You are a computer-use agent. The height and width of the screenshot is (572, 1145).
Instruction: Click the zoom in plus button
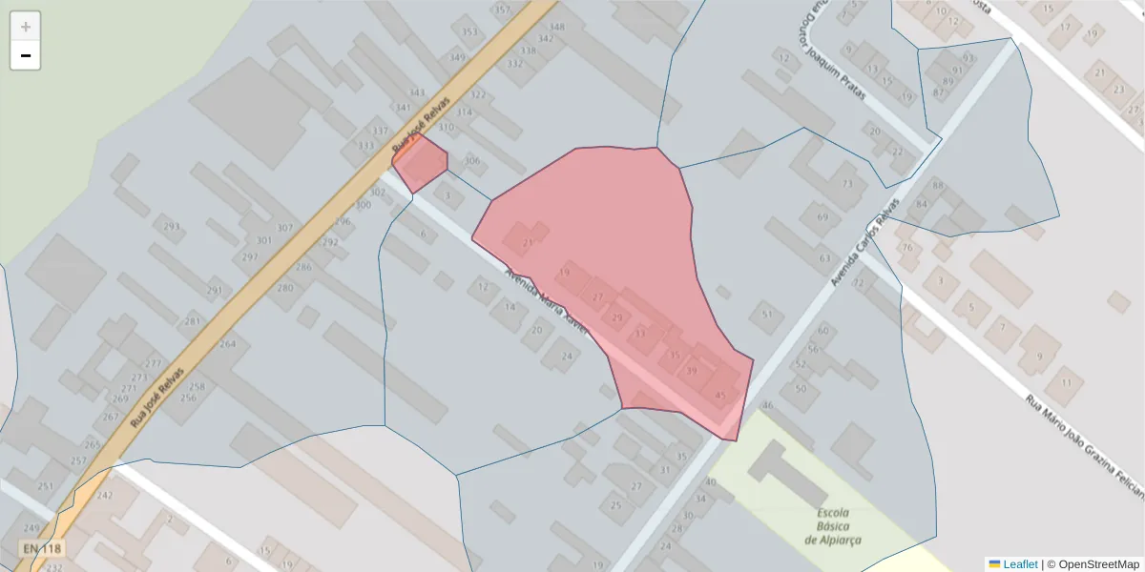(x=26, y=27)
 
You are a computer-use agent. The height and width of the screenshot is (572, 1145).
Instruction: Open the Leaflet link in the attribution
(x=1019, y=564)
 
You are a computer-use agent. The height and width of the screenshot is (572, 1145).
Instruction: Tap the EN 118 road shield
(x=42, y=549)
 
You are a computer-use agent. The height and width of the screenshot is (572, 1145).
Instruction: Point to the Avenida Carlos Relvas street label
(x=864, y=244)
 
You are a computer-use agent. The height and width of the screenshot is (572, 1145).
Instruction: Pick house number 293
(x=172, y=227)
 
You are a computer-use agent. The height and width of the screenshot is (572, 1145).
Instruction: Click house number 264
(x=227, y=344)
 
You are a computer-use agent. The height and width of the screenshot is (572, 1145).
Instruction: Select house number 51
(x=766, y=314)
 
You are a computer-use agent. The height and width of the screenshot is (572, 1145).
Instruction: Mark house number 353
(x=469, y=32)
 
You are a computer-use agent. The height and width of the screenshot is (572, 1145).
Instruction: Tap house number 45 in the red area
(x=719, y=395)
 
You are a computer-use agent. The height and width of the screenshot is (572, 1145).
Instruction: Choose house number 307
(x=284, y=228)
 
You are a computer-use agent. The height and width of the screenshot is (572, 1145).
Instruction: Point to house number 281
(x=193, y=321)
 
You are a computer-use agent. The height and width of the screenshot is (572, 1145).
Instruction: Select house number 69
(x=822, y=218)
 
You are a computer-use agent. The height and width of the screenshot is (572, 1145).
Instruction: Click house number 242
(x=105, y=496)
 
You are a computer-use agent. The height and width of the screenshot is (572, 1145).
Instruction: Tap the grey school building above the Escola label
(x=788, y=473)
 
